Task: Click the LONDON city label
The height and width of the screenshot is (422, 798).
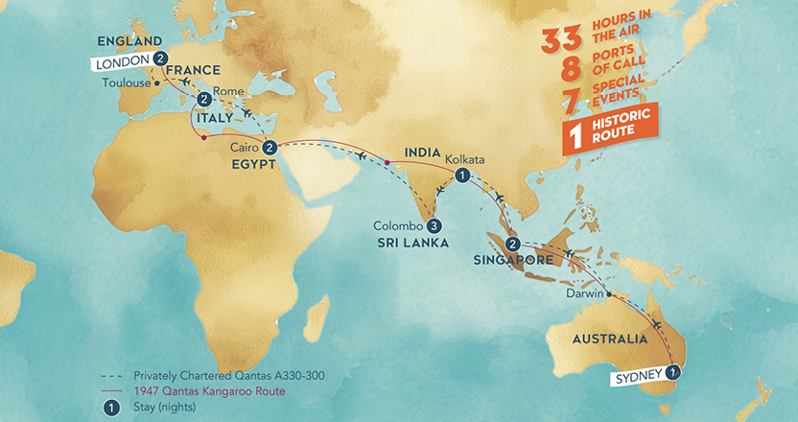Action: coord(122,62)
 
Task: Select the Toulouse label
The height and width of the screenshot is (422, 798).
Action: coord(125,82)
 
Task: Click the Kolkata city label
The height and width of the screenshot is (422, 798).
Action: coord(466,159)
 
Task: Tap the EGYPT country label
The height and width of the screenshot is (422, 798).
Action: coord(253,163)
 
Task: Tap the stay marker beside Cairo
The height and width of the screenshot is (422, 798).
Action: coord(270,148)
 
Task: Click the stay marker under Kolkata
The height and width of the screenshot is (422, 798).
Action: coord(462,176)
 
